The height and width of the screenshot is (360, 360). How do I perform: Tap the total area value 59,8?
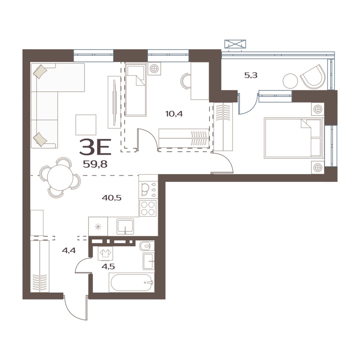(x=95, y=164)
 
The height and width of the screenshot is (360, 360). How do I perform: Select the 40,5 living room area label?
(x=111, y=198)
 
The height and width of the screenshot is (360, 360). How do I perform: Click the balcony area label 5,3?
(x=251, y=75)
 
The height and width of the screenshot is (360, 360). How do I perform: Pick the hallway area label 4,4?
(x=68, y=250)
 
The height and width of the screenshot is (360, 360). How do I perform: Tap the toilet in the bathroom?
(x=146, y=246)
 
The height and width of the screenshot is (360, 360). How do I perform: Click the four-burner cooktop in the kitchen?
(x=148, y=208)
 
